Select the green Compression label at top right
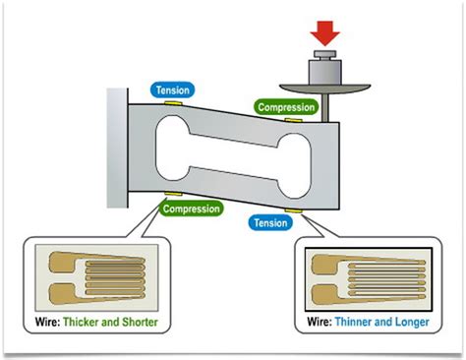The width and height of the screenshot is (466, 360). point(286,106)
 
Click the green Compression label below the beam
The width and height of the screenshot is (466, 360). point(191,209)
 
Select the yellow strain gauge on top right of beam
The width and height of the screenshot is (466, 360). point(292,120)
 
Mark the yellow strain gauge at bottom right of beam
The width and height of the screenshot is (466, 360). point(294,210)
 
